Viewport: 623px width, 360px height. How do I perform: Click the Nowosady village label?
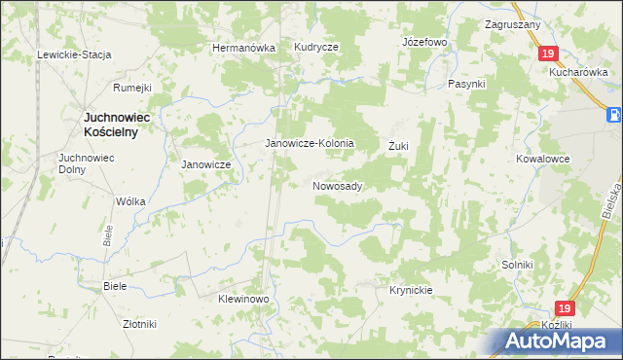tap(338, 186)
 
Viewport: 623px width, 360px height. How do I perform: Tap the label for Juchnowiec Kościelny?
tap(109, 125)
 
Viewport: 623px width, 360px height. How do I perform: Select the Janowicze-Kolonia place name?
tap(311, 143)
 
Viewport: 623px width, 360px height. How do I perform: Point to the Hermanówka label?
tap(244, 48)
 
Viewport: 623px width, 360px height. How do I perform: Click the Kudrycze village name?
tap(316, 48)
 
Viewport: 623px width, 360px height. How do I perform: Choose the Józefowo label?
tap(423, 44)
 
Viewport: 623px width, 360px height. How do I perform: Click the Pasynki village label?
tap(466, 85)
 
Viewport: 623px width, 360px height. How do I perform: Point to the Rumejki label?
tap(132, 88)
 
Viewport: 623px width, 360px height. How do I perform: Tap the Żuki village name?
tap(398, 146)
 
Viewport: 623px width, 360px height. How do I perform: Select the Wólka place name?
tap(130, 201)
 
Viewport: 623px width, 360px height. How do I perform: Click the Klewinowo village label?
tap(242, 300)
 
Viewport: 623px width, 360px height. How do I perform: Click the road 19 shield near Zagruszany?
tap(549, 54)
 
